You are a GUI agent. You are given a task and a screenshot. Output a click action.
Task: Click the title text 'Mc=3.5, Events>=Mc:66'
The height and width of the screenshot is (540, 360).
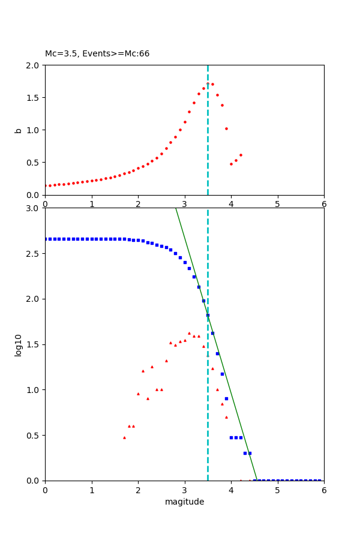pyautogui.click(x=97, y=54)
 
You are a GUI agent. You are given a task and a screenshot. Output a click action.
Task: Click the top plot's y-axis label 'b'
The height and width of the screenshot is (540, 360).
pyautogui.click(x=19, y=130)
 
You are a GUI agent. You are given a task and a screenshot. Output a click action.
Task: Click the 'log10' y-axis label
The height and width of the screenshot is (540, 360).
pyautogui.click(x=19, y=344)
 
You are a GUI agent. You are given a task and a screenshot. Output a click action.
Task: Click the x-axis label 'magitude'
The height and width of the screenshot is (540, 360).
pyautogui.click(x=184, y=502)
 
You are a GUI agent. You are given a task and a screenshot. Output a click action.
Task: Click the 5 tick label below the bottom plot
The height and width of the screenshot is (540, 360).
pyautogui.click(x=277, y=490)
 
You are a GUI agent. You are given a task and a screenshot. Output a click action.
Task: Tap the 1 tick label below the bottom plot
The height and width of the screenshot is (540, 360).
pyautogui.click(x=91, y=490)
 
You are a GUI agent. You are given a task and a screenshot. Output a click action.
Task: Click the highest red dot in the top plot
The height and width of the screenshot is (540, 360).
pyautogui.click(x=208, y=84)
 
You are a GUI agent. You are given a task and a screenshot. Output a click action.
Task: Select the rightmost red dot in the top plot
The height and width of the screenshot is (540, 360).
pyautogui.click(x=241, y=155)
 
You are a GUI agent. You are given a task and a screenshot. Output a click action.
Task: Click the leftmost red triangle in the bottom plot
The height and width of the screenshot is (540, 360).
pyautogui.click(x=124, y=437)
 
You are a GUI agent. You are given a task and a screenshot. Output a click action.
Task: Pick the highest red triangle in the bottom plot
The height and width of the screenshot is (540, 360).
pyautogui.click(x=189, y=333)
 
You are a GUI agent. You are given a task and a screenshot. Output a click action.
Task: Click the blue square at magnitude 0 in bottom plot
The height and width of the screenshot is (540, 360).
pyautogui.click(x=46, y=239)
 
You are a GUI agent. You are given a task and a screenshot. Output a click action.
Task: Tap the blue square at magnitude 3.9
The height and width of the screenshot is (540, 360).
pyautogui.click(x=226, y=398)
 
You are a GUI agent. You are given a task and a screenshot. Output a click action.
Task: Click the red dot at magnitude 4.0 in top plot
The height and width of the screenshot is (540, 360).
pyautogui.click(x=231, y=164)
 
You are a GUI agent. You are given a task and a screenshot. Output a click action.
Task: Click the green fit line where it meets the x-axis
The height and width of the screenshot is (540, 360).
pyautogui.click(x=256, y=480)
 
